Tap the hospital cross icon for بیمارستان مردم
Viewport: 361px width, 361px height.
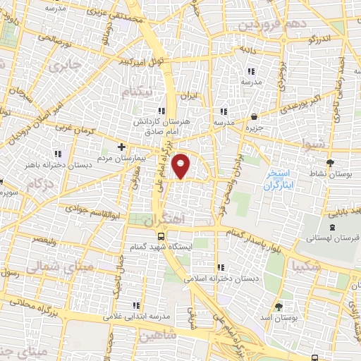(x=121, y=147)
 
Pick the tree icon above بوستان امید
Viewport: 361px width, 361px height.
(x=279, y=307)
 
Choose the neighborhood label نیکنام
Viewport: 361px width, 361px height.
(x=136, y=92)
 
